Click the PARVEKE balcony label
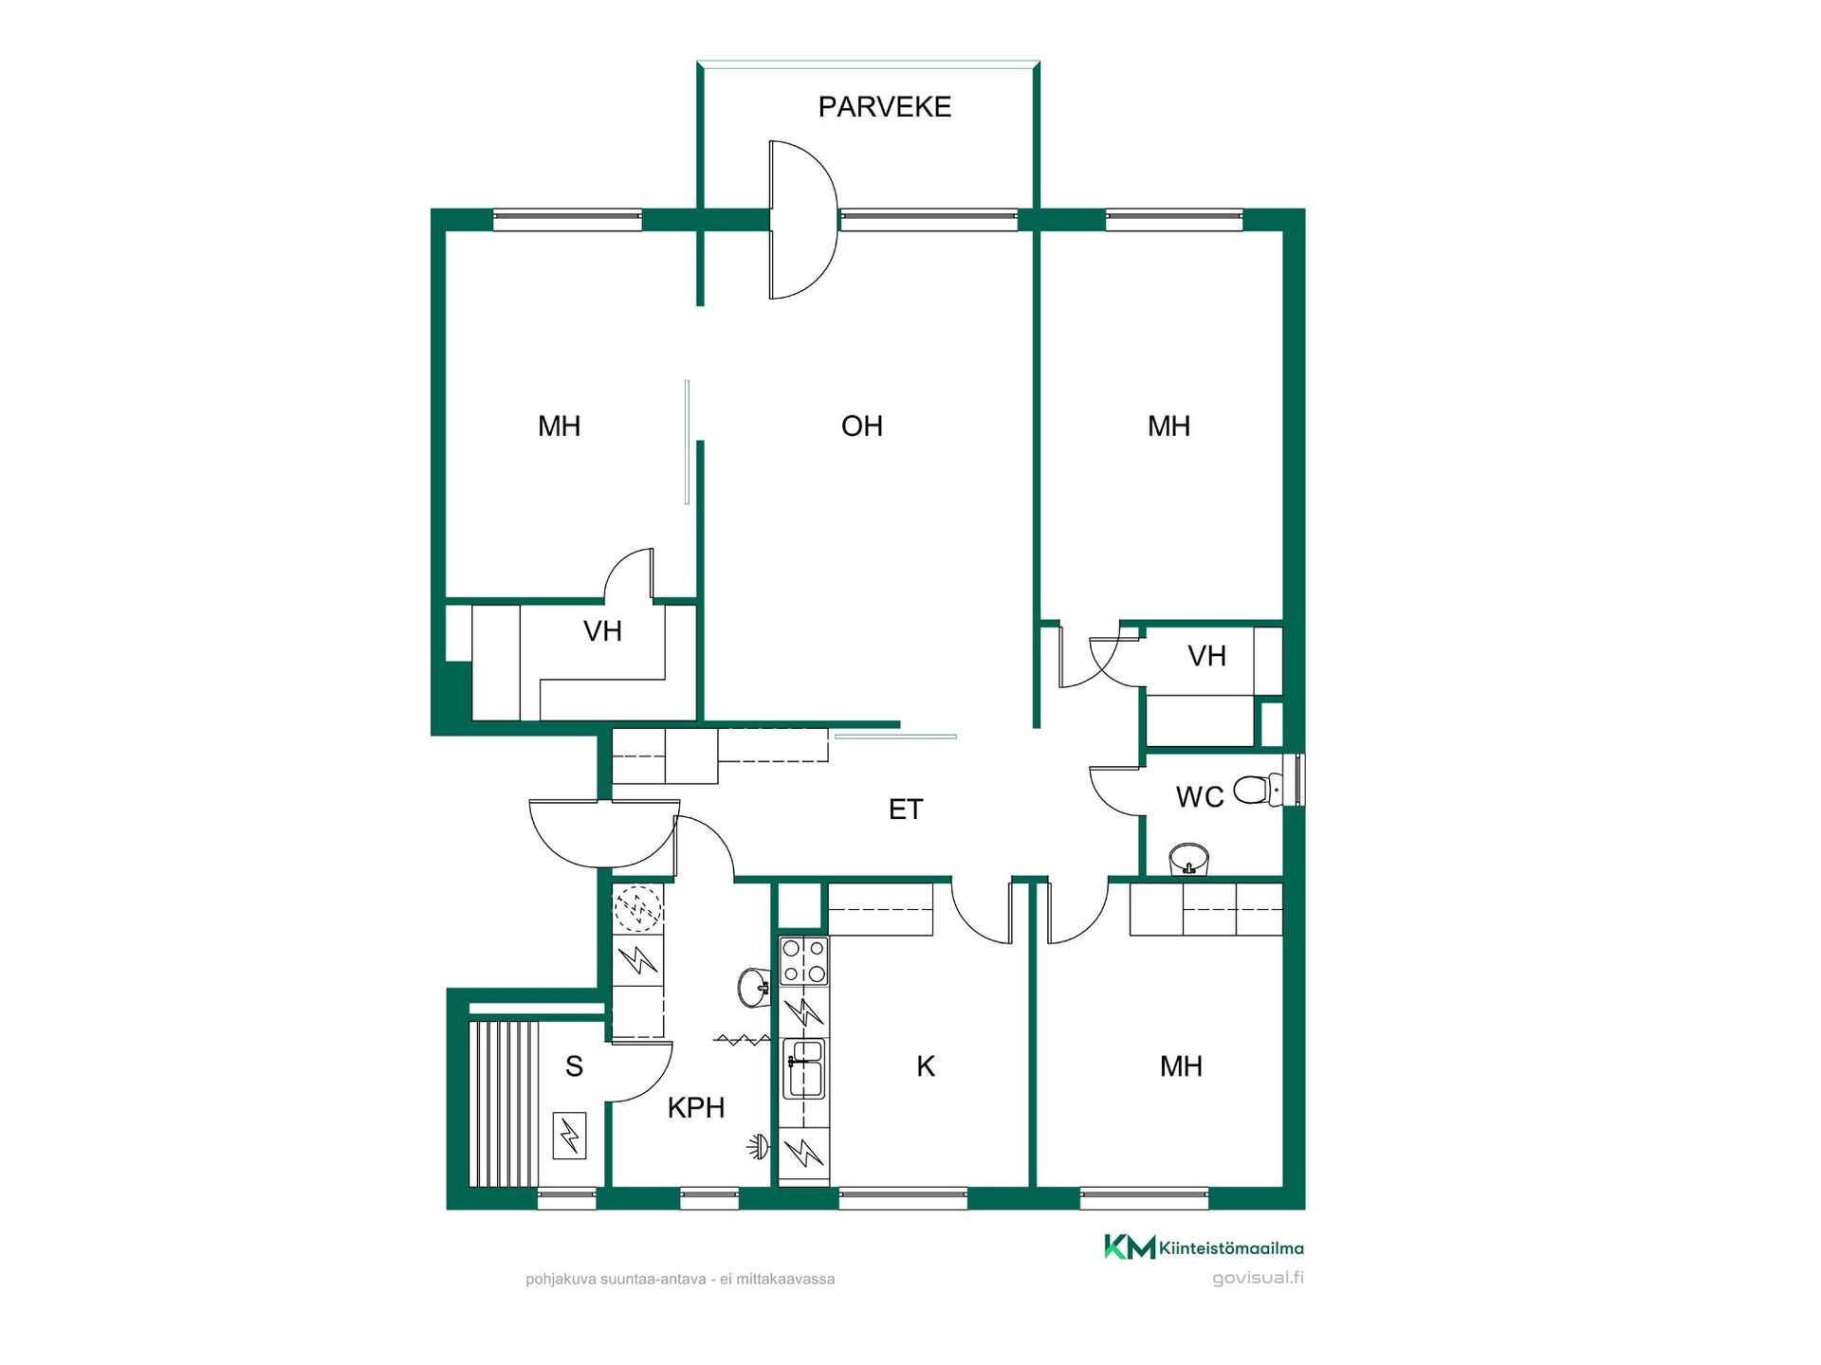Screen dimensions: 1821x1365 (x=884, y=107)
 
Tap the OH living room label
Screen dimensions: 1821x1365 (x=861, y=427)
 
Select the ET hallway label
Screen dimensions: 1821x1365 (x=906, y=810)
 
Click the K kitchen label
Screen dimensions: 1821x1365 (x=926, y=1066)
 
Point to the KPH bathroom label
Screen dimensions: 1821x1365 (x=695, y=1107)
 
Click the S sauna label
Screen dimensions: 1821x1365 (x=574, y=1066)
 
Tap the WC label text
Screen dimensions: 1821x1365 (x=1200, y=797)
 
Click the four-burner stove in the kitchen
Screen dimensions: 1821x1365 (x=803, y=961)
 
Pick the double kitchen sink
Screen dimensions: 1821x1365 (x=804, y=1067)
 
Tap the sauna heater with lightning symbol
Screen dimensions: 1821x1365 (x=570, y=1135)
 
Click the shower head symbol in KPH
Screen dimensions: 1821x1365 (x=758, y=1147)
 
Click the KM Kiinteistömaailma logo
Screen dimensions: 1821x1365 (x=1204, y=1247)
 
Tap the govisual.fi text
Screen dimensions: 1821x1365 (x=1259, y=1278)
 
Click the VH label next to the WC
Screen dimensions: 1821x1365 (x=1206, y=656)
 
